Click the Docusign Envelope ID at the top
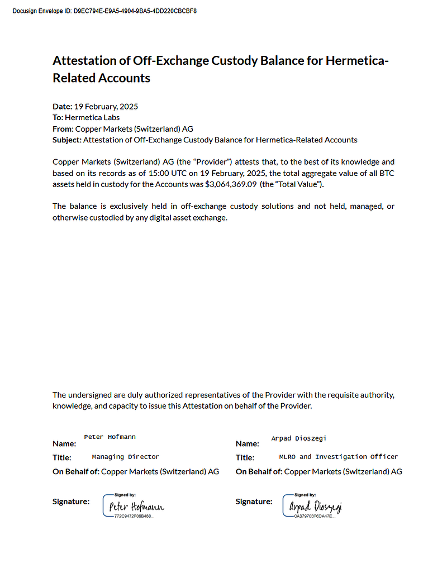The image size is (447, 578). click(104, 11)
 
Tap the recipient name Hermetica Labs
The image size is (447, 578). click(92, 117)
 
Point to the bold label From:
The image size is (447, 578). click(63, 128)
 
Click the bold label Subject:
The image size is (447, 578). click(66, 140)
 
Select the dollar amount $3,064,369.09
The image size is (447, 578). click(231, 184)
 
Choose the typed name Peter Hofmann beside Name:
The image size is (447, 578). click(110, 437)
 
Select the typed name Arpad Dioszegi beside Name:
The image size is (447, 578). click(298, 438)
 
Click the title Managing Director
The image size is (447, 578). click(125, 457)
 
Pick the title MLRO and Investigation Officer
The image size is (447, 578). click(338, 457)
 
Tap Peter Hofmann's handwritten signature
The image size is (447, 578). click(136, 507)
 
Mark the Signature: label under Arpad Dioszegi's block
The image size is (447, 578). click(254, 501)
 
